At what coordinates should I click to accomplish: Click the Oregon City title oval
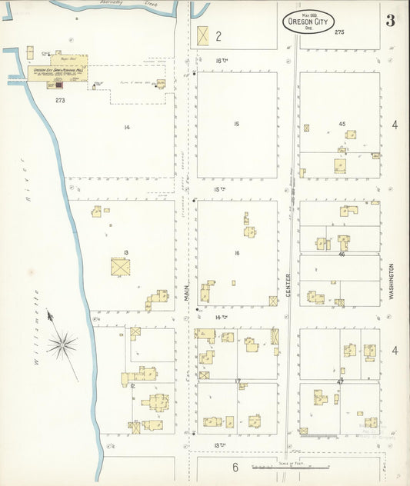(308, 21)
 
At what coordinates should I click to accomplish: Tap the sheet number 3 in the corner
(390, 20)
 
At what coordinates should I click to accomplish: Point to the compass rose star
(62, 343)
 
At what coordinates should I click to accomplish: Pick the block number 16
(237, 253)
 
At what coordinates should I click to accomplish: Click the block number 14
(126, 127)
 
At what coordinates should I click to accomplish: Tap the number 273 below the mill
(60, 100)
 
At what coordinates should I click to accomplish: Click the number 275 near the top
(339, 32)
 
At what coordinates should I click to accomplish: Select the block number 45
(342, 123)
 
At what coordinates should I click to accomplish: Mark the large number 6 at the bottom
(235, 467)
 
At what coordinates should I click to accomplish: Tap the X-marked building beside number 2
(203, 35)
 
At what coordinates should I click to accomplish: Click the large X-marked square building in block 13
(120, 267)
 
